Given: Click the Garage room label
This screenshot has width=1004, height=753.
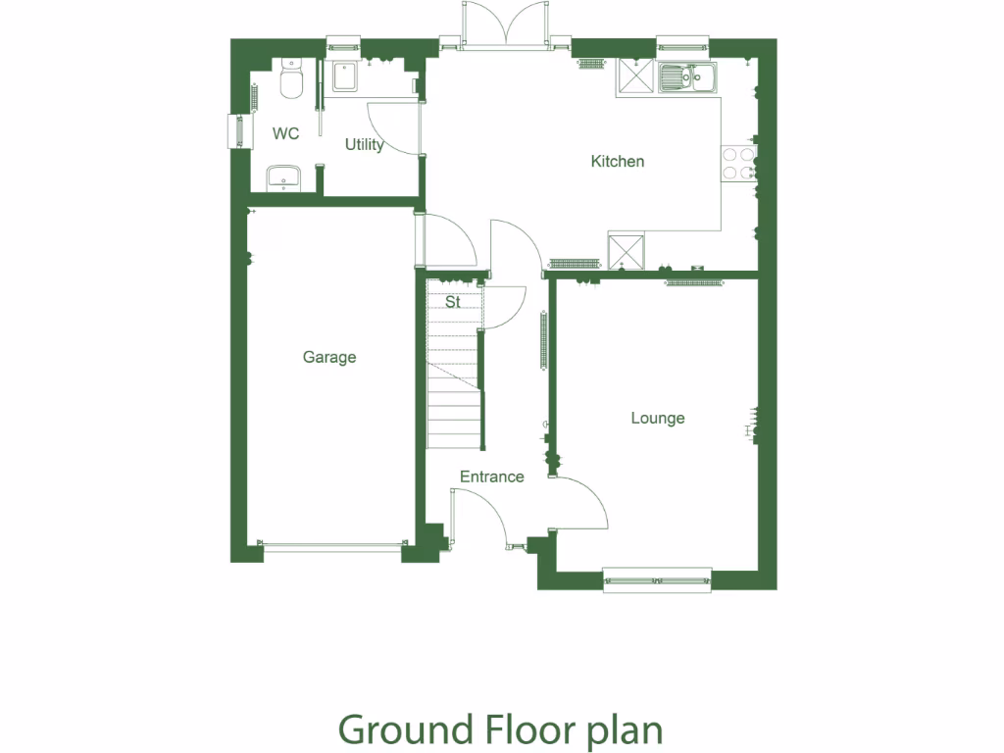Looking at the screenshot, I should tap(329, 358).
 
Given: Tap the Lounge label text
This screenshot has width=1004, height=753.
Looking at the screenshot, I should tap(657, 419).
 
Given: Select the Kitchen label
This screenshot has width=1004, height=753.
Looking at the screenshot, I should tap(618, 161).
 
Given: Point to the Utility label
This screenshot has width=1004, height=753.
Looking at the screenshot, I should tap(364, 144).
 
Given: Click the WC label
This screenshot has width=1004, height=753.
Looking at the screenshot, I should tap(286, 133).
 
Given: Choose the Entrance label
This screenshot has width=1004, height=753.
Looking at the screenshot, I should tap(492, 477).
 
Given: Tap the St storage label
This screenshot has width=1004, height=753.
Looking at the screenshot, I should tap(453, 303).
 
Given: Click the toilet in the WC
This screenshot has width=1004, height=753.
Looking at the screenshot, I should tap(290, 79).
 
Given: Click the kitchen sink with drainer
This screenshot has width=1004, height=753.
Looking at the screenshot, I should tap(687, 76).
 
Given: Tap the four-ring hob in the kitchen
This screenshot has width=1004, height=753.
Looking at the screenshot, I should tap(737, 164).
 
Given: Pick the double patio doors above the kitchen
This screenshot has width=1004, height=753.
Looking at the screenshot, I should tap(506, 25).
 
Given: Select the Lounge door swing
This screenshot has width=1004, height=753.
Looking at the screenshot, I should tap(580, 502).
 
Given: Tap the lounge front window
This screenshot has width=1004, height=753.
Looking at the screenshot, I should tap(657, 579).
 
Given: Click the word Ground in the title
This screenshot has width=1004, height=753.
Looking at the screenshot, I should tap(404, 730).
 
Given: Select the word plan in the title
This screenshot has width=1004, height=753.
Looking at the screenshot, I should tap(625, 731).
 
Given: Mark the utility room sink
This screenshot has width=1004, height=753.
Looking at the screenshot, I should tap(345, 76).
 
